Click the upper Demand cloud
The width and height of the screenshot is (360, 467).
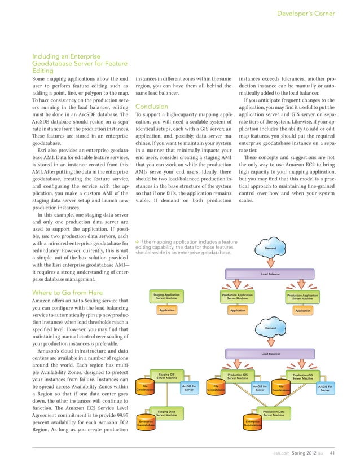pyautogui.click(x=270, y=248)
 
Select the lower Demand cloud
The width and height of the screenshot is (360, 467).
pyautogui.click(x=270, y=328)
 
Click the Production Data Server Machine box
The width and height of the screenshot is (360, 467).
pyautogui.click(x=274, y=415)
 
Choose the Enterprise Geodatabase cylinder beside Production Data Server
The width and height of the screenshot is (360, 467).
pyautogui.click(x=253, y=423)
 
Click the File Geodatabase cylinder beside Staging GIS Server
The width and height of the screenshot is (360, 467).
pyautogui.click(x=145, y=389)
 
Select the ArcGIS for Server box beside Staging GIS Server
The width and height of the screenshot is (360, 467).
pyautogui.click(x=190, y=388)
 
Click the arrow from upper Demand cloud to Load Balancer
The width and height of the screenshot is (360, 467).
pyautogui.click(x=270, y=261)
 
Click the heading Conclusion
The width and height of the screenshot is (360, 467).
pyautogui.click(x=152, y=107)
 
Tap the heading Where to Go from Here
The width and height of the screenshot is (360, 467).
pyautogui.click(x=67, y=292)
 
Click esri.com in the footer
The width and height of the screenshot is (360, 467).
pyautogui.click(x=280, y=452)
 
